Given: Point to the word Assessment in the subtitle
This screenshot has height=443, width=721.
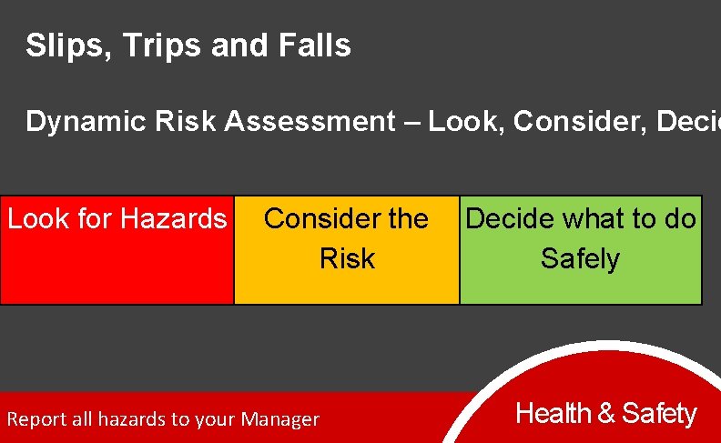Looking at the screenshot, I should [310, 121].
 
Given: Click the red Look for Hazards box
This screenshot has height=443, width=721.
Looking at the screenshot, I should [117, 264].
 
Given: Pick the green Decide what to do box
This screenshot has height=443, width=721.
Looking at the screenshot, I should [581, 282].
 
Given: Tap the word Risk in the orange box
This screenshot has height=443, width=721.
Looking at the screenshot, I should [347, 259].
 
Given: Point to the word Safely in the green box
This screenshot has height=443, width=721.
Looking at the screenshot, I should [580, 259].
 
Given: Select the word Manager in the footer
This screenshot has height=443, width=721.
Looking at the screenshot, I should [282, 419].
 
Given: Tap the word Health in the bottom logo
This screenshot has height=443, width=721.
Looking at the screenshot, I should [553, 414].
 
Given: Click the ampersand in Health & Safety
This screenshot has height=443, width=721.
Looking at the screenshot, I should [606, 414].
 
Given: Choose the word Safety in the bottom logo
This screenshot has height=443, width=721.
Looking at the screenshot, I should [659, 414].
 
